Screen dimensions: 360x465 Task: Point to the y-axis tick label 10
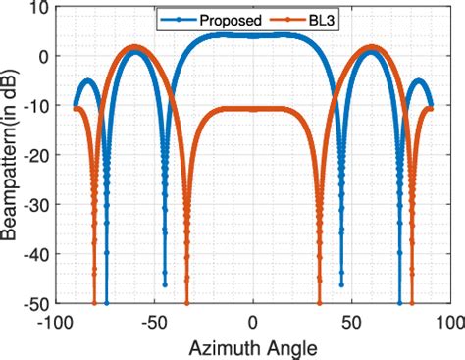(x=38, y=9)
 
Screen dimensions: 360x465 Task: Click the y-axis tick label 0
(x=43, y=57)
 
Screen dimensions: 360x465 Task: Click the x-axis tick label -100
(x=56, y=321)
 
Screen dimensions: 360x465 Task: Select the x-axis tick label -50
(x=154, y=321)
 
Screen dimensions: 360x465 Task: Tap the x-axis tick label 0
(x=253, y=321)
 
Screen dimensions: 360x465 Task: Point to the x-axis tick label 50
(x=351, y=321)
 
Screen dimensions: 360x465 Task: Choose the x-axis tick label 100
(x=447, y=321)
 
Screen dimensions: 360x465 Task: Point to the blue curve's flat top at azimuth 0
(x=253, y=36)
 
